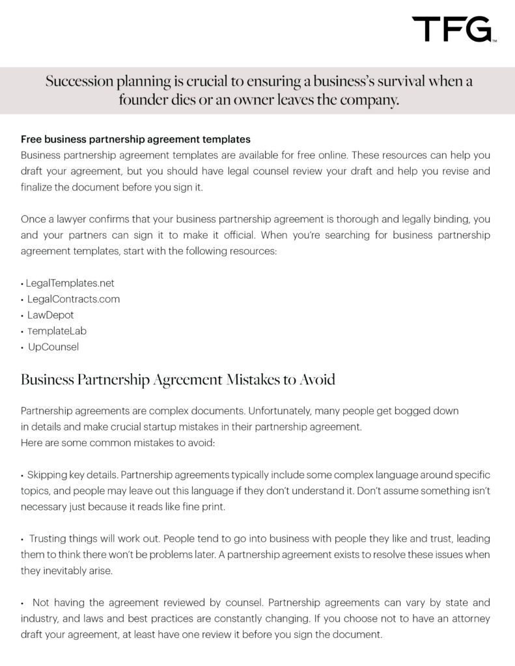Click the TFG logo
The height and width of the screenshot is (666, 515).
(454, 30)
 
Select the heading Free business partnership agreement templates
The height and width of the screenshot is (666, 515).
(135, 139)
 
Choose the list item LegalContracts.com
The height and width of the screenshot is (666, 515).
(74, 299)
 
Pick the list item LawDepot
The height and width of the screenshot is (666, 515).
(51, 315)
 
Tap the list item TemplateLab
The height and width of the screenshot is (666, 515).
(57, 331)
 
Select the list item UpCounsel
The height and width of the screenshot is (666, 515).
(53, 347)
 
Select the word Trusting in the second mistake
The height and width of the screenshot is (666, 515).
(49, 539)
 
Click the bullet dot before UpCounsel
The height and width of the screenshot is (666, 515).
(23, 347)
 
